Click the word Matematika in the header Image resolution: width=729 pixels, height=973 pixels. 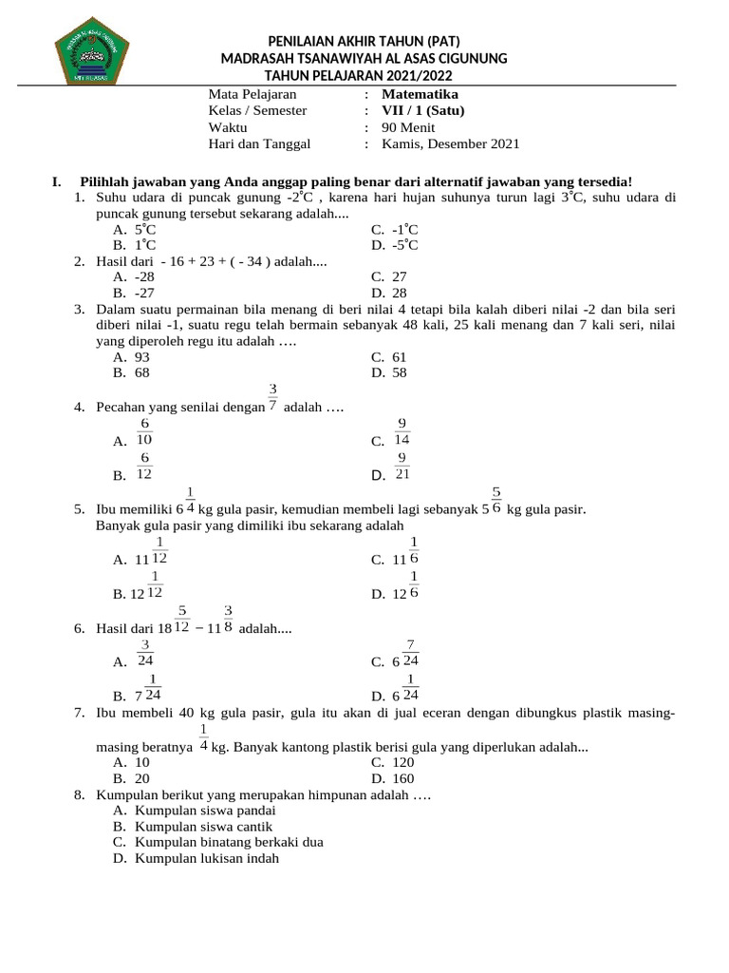420,94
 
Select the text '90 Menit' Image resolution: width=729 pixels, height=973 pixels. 409,127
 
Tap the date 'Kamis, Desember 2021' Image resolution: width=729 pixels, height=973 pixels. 450,144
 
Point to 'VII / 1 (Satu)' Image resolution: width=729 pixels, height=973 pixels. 423,110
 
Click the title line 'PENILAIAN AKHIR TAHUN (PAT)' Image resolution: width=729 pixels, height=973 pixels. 364,41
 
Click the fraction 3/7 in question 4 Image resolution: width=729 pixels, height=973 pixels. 272,397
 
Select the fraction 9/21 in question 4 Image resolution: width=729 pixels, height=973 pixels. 402,467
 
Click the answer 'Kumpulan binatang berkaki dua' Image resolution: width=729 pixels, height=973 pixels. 229,842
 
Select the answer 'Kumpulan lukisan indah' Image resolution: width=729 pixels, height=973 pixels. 207,858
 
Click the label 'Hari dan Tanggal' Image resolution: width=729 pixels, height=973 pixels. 258,144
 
